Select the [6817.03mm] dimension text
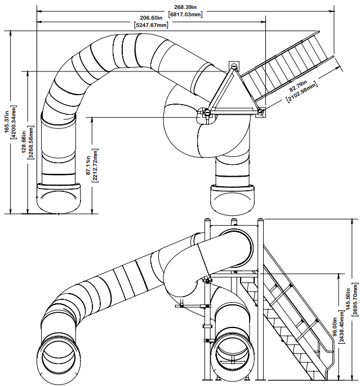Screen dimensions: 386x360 pos(185,14)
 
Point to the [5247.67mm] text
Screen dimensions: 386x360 pos(150,25)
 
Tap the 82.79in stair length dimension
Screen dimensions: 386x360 pos(299,85)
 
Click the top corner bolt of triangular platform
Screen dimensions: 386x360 pos(233,66)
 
